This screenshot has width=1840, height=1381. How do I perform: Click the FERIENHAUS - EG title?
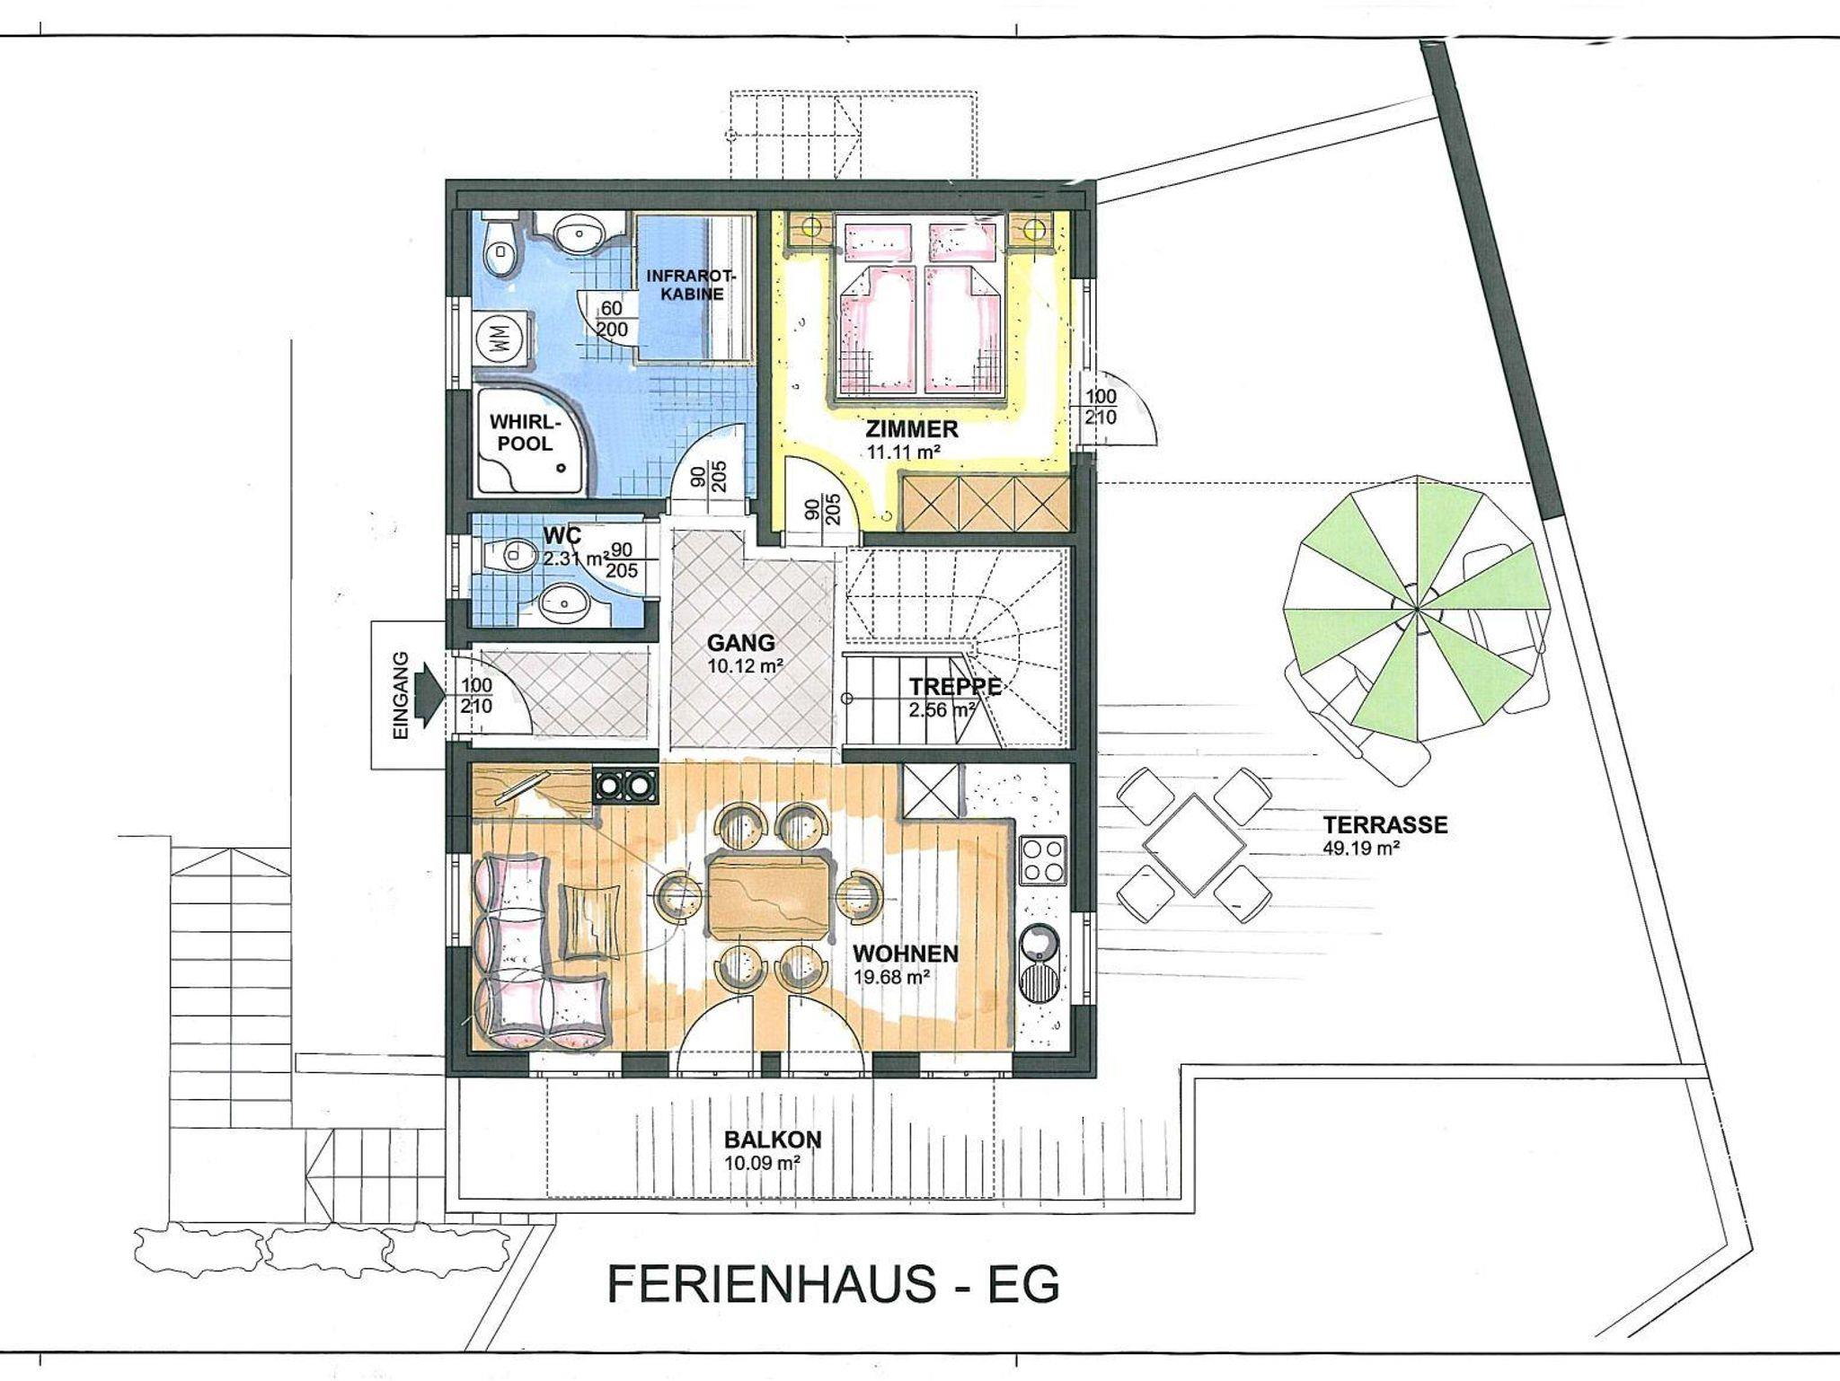(834, 1284)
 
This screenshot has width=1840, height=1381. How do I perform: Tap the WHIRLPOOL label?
(525, 432)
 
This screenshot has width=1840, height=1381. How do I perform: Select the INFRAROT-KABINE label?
(685, 285)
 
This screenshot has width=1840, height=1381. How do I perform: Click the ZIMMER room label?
(912, 428)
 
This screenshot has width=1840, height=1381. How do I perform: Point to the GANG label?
(741, 643)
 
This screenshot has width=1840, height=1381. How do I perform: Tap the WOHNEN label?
(906, 953)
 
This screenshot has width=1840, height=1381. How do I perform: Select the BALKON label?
(773, 1139)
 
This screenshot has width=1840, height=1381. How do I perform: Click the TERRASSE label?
(1384, 824)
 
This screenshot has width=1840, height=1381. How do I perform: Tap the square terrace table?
(1194, 845)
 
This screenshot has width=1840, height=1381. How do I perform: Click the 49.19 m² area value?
(1362, 848)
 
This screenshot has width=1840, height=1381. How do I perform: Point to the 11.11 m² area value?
(903, 452)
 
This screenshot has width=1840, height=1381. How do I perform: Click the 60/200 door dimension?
(613, 319)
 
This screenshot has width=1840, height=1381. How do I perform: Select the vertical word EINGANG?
(401, 696)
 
